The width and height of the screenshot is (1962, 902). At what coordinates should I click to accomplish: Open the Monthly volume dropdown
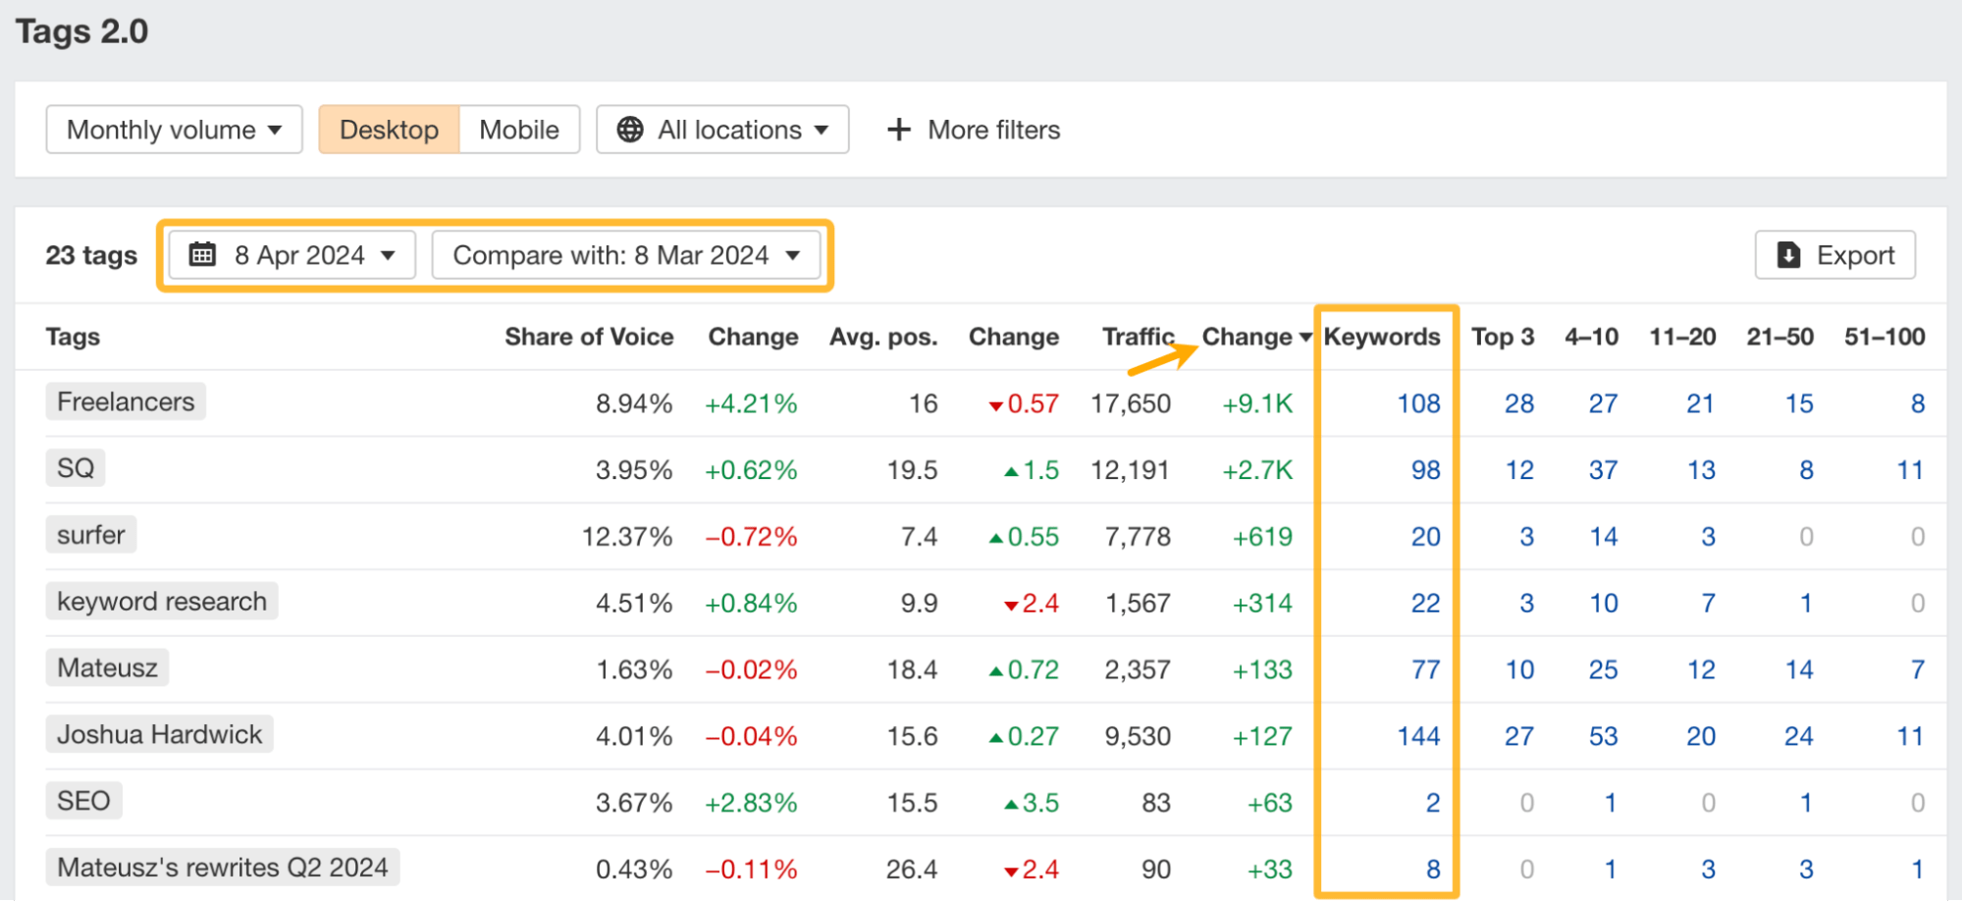(x=174, y=130)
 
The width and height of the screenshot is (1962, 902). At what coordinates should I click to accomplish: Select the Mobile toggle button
(x=518, y=130)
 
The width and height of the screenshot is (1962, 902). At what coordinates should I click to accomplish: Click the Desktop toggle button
(x=389, y=130)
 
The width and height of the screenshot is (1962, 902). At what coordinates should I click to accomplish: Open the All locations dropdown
(x=722, y=130)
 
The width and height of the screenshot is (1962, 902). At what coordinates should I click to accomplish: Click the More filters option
(x=974, y=130)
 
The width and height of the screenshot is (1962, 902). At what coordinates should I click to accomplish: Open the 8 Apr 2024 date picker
(x=292, y=255)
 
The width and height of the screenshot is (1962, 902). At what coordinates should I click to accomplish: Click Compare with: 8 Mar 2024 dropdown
(x=626, y=255)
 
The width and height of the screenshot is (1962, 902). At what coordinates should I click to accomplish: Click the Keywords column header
(x=1381, y=337)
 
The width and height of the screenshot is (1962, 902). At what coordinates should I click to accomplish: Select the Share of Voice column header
(x=589, y=337)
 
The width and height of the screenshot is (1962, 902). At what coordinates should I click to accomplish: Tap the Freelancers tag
(x=126, y=401)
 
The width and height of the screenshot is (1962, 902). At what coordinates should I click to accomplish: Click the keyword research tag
(x=162, y=601)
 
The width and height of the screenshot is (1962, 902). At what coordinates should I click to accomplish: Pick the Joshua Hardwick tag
(x=159, y=734)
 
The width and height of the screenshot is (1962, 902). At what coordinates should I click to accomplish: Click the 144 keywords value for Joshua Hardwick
(x=1418, y=736)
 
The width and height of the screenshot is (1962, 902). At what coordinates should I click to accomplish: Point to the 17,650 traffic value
(x=1131, y=403)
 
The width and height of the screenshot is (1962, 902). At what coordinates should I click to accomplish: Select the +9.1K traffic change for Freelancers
(x=1257, y=403)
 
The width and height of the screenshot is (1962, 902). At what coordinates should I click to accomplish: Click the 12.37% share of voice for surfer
(x=626, y=537)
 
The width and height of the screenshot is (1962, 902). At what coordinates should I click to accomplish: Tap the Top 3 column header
(x=1502, y=337)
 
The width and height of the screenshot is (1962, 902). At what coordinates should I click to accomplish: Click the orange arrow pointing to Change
(x=1164, y=358)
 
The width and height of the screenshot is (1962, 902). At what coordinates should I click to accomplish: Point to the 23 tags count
(x=91, y=255)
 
